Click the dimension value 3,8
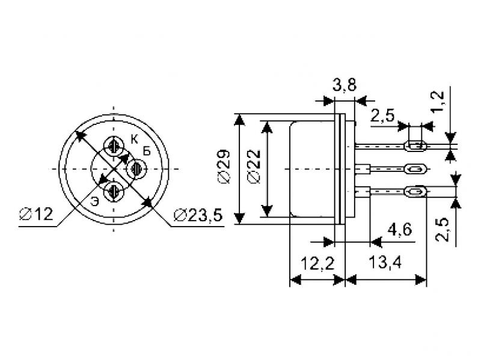tap(344, 85)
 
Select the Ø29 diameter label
tap(224, 166)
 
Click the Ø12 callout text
tap(36, 214)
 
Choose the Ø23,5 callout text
tap(198, 215)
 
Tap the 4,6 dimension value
tap(400, 229)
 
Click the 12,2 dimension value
tap(317, 263)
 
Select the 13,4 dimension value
tap(385, 263)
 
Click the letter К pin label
tap(134, 139)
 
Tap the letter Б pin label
tap(147, 151)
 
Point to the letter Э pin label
tap(95, 202)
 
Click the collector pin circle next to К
tap(114, 146)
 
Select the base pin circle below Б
tap(137, 169)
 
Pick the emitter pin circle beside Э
tap(114, 192)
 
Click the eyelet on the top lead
tap(416, 145)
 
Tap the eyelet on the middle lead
tap(416, 169)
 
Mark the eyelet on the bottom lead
tap(416, 192)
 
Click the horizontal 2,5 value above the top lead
tap(382, 115)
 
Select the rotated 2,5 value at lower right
tap(442, 230)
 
